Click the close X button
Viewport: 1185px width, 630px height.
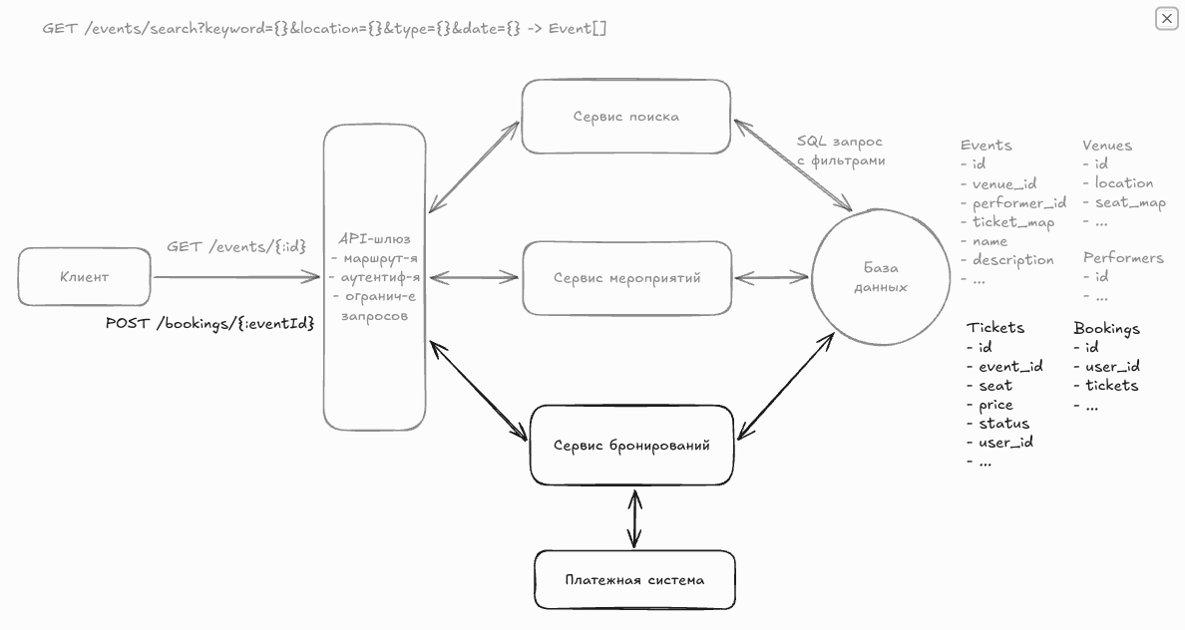click(1166, 18)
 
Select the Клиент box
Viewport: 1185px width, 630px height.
click(85, 277)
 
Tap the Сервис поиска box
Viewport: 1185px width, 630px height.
click(625, 117)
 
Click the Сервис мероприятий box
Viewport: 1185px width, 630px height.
click(626, 278)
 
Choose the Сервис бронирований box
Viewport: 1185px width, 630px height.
click(631, 445)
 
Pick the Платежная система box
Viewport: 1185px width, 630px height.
click(634, 579)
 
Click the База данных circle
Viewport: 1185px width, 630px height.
click(880, 277)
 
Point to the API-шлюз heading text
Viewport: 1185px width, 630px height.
click(374, 239)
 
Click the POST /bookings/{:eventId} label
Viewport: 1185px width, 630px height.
click(209, 323)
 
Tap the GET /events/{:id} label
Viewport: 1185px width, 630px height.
click(236, 246)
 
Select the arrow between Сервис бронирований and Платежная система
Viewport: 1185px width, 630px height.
click(634, 516)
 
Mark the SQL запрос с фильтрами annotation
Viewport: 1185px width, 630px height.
click(840, 151)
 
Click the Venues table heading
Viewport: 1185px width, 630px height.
click(1107, 145)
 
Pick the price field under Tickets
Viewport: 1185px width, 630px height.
click(994, 405)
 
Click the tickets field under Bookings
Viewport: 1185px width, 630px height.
click(1110, 385)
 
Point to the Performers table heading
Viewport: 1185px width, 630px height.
click(1123, 257)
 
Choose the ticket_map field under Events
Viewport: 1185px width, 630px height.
click(1012, 222)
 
